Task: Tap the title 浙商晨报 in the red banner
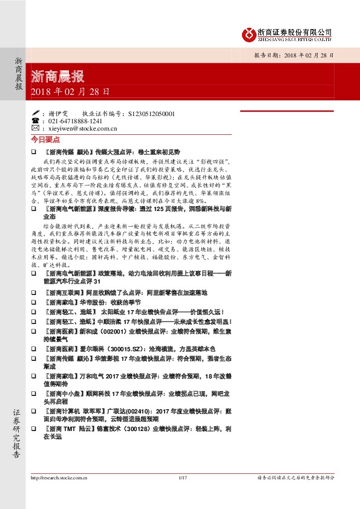57,77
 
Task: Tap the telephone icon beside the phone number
35,121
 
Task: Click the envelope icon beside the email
35,129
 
